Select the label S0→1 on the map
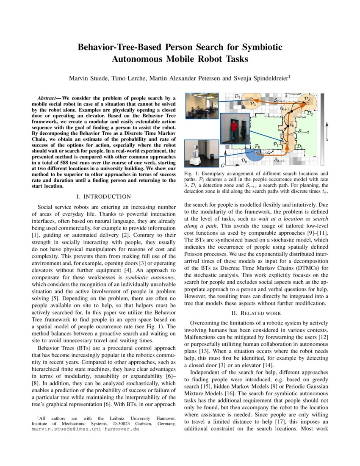click(279, 160)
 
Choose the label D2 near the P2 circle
click(310, 113)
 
